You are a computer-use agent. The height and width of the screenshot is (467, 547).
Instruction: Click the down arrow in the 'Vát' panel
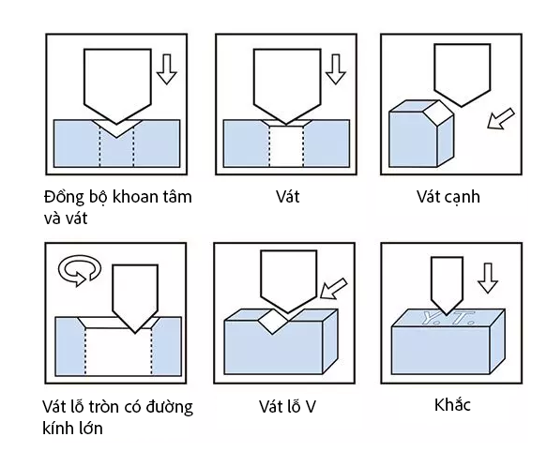click(336, 69)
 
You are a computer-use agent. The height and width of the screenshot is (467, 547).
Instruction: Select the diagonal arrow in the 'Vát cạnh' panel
click(501, 119)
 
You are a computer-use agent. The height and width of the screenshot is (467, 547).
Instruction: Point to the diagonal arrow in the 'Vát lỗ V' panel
click(334, 289)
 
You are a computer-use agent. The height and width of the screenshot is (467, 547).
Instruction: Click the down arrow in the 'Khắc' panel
click(488, 278)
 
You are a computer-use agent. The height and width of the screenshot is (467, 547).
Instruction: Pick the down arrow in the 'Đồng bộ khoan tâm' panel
click(167, 69)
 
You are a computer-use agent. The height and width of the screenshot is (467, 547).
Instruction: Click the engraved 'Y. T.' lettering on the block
click(448, 317)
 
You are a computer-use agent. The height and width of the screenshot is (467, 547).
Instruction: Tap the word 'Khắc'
click(452, 405)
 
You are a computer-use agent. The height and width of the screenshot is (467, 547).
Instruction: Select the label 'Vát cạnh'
click(448, 198)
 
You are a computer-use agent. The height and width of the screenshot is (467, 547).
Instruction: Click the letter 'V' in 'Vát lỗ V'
click(310, 407)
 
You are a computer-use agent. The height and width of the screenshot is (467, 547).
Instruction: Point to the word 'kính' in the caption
click(57, 428)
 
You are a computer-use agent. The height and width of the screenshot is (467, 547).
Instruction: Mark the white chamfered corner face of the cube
click(438, 113)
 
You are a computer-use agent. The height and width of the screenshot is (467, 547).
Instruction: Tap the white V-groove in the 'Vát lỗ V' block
click(274, 322)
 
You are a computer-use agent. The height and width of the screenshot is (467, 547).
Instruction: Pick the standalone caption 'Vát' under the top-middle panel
click(288, 197)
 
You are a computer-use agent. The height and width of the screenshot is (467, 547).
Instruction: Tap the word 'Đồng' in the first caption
click(64, 198)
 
